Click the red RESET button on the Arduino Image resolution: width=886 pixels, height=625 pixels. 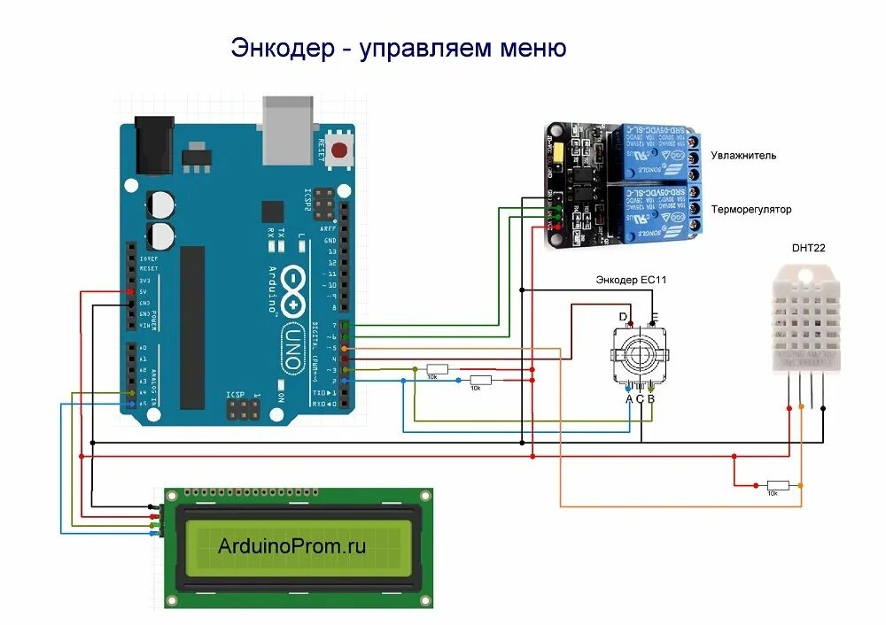[339, 152]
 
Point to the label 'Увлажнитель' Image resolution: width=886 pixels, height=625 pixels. [746, 156]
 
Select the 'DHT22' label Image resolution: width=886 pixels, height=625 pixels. [808, 248]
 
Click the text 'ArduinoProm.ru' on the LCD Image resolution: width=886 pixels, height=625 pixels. [291, 546]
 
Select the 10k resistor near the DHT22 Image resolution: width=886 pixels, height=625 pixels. [778, 486]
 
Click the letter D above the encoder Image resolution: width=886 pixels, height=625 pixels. [623, 316]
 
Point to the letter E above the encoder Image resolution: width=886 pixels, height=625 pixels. [655, 316]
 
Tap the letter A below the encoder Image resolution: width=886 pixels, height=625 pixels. [628, 399]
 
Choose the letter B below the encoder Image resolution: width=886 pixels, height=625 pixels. [651, 399]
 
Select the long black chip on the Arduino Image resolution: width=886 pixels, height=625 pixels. [192, 328]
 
